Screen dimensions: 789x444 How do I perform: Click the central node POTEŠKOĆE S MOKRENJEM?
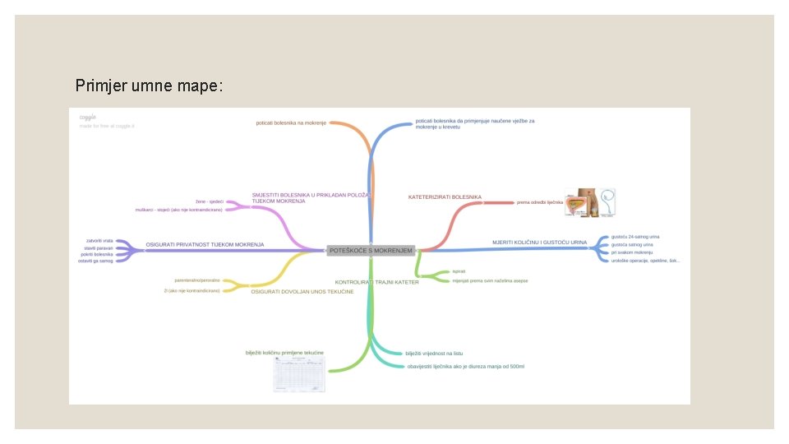(x=371, y=249)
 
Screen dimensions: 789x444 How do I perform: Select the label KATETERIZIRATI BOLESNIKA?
(x=445, y=197)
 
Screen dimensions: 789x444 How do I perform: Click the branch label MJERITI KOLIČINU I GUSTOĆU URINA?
(x=539, y=243)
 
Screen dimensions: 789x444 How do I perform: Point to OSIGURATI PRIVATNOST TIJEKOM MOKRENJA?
(x=205, y=245)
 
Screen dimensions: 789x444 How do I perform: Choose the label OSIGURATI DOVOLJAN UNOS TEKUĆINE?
(x=302, y=292)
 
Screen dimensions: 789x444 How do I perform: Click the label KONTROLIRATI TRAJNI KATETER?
(x=377, y=282)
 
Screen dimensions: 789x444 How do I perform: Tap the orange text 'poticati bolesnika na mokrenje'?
(x=291, y=123)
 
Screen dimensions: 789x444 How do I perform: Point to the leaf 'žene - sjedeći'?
(x=210, y=201)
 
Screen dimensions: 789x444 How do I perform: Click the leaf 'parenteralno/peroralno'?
(x=197, y=280)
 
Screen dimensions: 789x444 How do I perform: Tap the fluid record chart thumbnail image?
(x=299, y=375)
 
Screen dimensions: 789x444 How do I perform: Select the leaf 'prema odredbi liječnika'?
(x=540, y=202)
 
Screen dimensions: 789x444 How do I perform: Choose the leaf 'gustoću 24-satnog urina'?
(x=635, y=237)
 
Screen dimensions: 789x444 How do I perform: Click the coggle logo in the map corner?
(x=87, y=118)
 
